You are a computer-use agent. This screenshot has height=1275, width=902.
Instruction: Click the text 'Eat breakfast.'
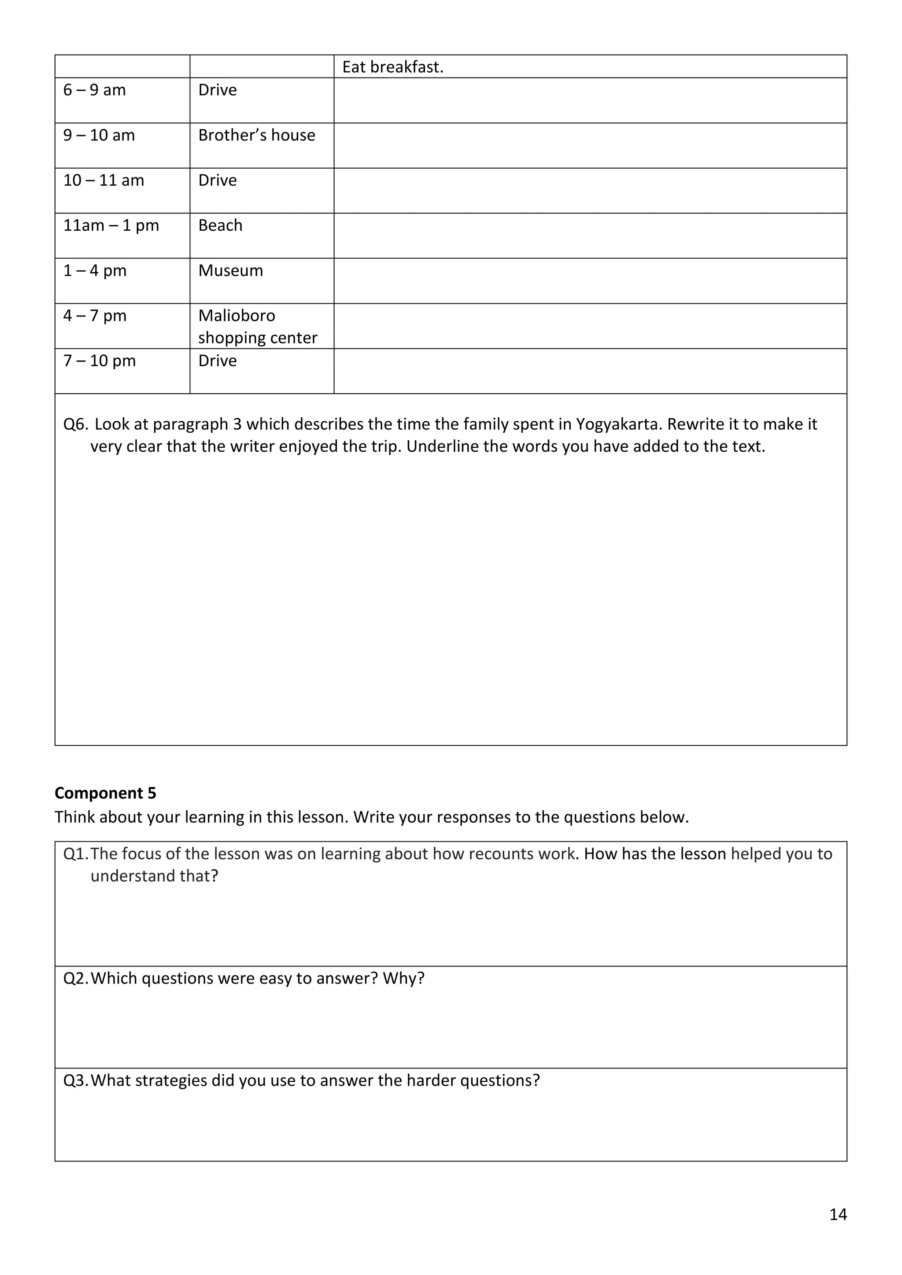tap(393, 67)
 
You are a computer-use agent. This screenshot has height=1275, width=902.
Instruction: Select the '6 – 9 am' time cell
tap(94, 90)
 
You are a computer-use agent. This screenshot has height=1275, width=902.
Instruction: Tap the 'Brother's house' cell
tap(257, 135)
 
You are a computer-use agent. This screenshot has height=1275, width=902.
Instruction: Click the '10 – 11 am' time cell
tap(104, 181)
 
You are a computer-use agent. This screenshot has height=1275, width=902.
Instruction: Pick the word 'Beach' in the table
tap(221, 225)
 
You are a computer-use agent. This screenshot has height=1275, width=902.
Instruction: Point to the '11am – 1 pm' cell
tap(111, 225)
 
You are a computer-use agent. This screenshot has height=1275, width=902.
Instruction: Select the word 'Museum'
tap(230, 270)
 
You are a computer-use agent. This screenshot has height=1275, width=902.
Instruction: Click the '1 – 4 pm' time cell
tap(95, 270)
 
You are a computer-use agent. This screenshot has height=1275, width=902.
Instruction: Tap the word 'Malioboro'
tap(237, 315)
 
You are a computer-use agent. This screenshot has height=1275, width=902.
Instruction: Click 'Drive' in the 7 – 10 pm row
tap(217, 361)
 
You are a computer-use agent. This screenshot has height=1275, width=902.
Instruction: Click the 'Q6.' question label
tap(76, 424)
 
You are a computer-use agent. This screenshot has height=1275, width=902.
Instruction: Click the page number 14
tap(838, 1215)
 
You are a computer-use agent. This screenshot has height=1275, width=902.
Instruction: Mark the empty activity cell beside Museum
tap(590, 280)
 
